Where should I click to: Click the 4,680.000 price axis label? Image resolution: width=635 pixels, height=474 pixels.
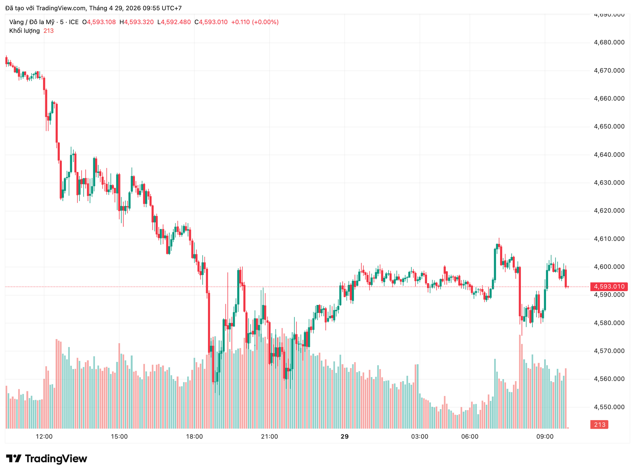[x=609, y=42]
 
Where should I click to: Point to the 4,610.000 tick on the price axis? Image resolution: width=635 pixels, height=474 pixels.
[x=609, y=239]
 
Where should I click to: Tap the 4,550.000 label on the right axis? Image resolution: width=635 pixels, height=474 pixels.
[x=609, y=407]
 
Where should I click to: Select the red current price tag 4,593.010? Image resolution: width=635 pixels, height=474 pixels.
[x=609, y=286]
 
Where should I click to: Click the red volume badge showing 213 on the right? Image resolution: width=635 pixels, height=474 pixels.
[x=599, y=425]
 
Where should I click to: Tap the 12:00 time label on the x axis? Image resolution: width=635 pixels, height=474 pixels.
[x=44, y=437]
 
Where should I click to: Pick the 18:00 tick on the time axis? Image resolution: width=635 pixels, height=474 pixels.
[x=194, y=437]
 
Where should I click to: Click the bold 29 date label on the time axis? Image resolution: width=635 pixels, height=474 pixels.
[x=344, y=437]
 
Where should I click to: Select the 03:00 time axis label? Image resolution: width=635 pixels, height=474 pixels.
[x=419, y=437]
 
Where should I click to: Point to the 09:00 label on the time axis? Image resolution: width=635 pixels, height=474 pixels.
[x=545, y=437]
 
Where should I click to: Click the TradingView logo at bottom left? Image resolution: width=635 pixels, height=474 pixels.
[x=47, y=458]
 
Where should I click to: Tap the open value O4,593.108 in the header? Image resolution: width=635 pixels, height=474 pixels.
[x=99, y=22]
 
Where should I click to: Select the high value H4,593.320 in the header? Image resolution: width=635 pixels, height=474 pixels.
[x=137, y=22]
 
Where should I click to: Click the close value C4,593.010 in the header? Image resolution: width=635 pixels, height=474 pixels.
[x=211, y=22]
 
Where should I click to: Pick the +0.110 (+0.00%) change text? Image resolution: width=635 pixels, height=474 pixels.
[x=255, y=22]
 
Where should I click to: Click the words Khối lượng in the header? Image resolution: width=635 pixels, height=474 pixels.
[x=24, y=31]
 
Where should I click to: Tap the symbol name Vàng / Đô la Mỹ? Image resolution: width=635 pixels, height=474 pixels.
[x=32, y=22]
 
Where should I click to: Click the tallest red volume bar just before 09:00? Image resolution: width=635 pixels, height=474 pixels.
[x=520, y=380]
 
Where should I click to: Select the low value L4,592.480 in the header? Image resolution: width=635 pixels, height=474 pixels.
[x=174, y=22]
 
